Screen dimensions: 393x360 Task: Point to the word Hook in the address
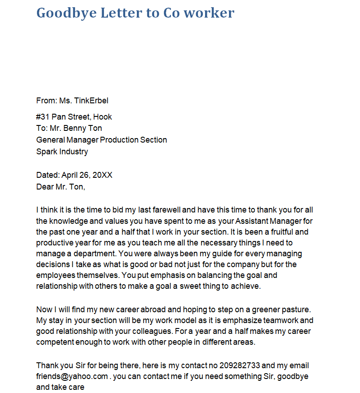(x=103, y=117)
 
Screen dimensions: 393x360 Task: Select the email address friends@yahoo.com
(x=72, y=376)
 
